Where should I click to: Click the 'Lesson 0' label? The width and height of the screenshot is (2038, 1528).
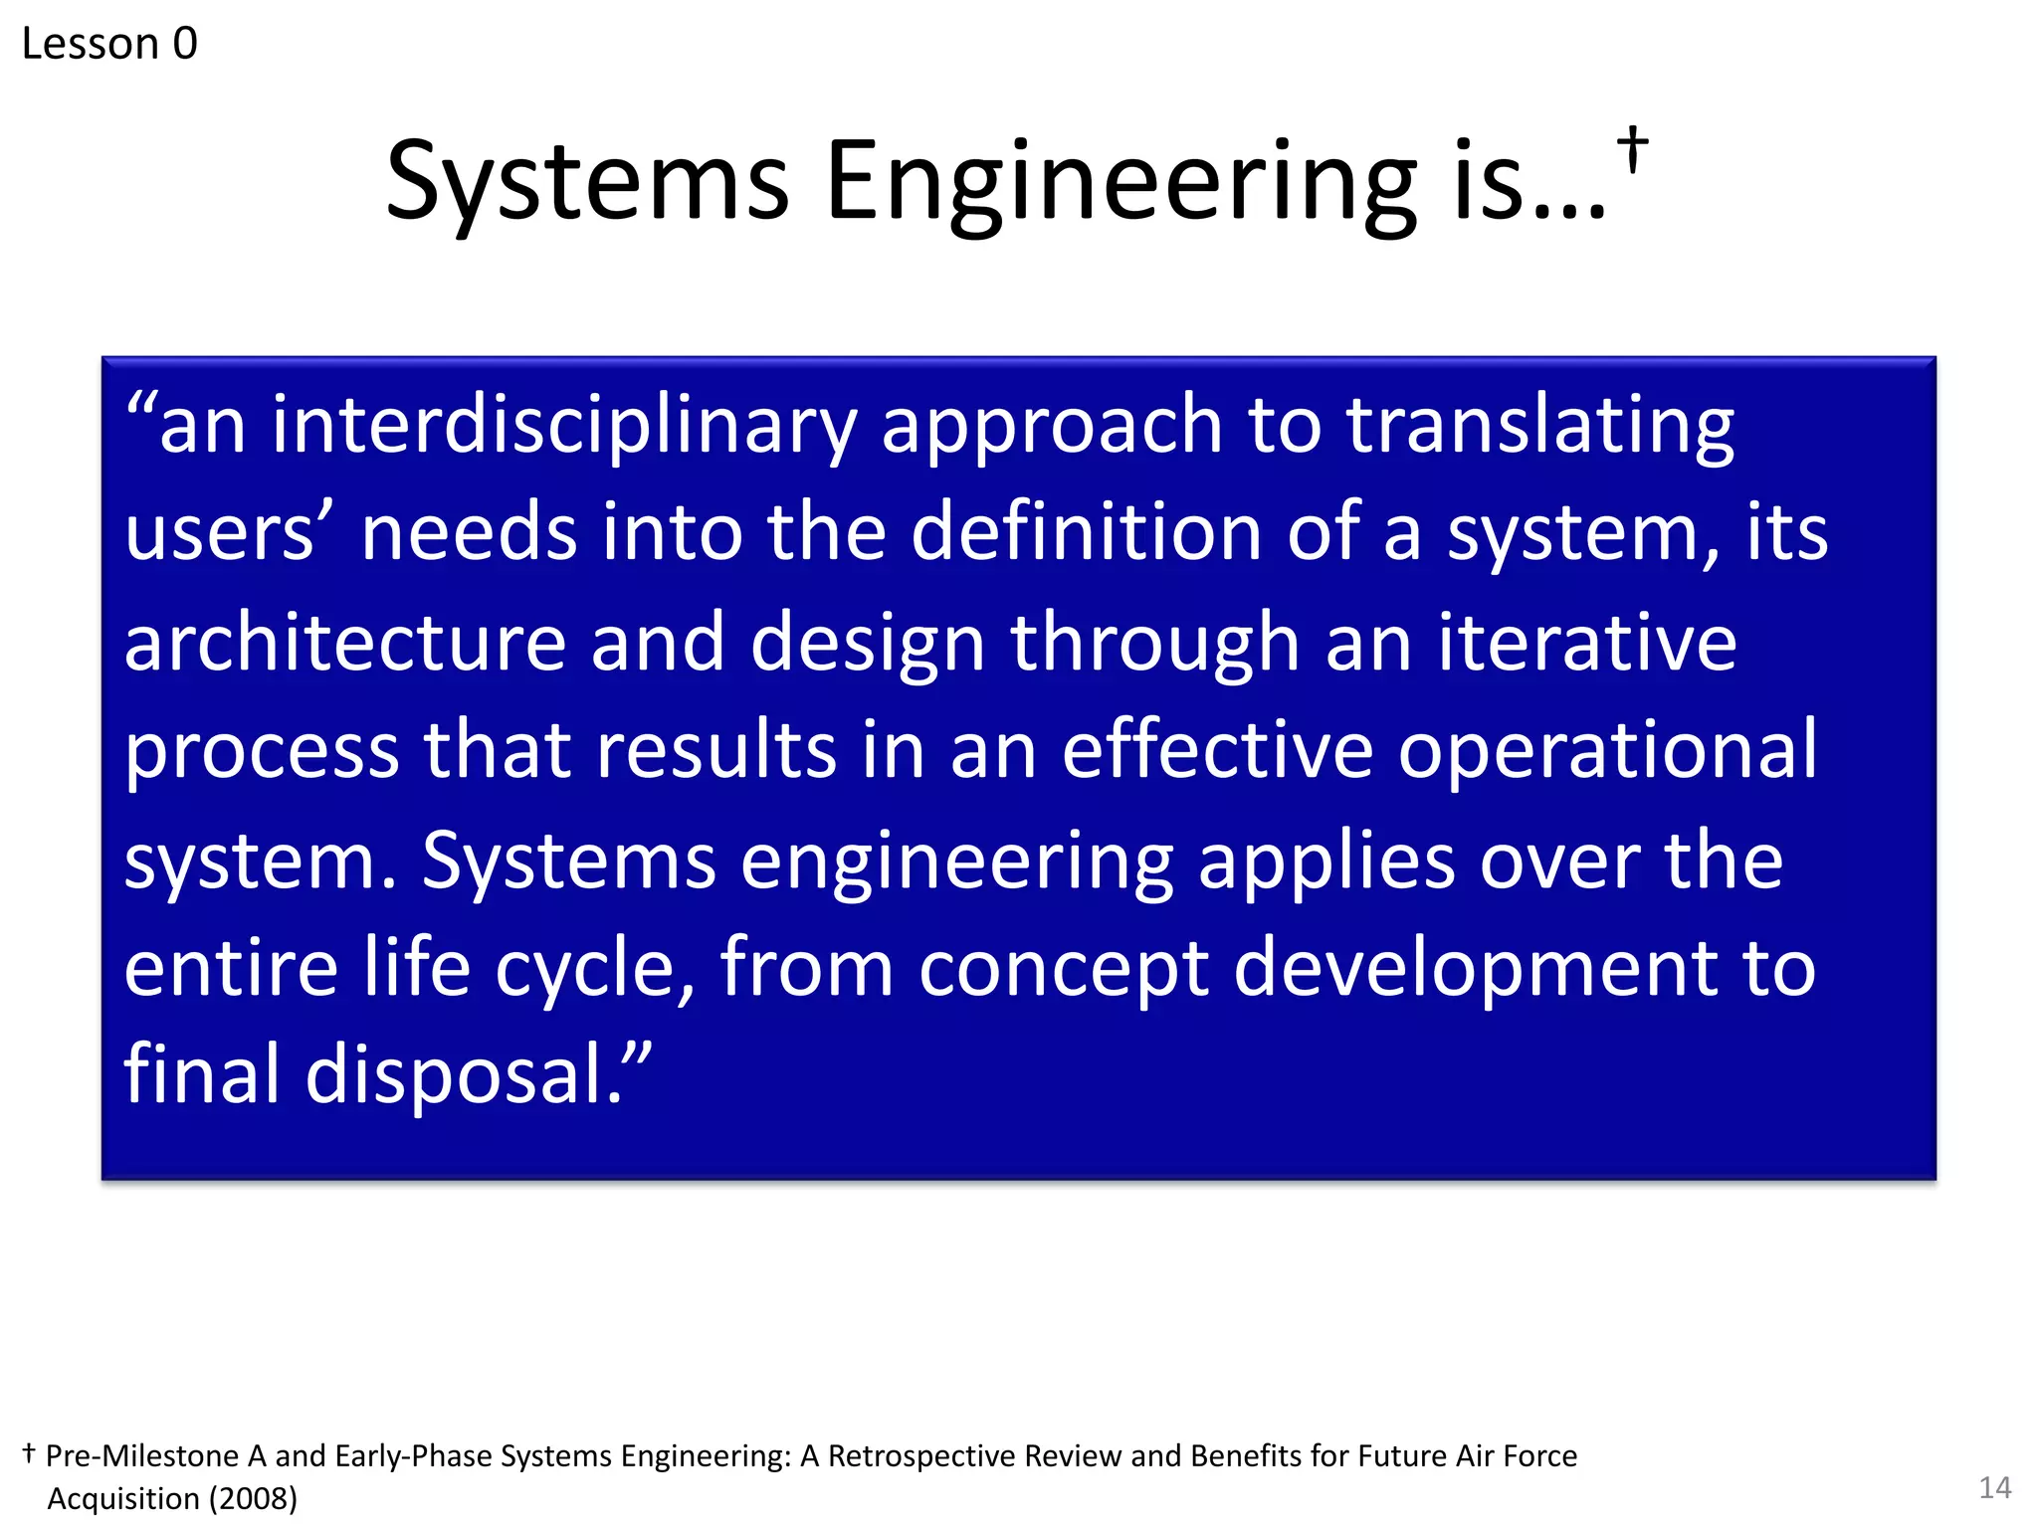pyautogui.click(x=109, y=44)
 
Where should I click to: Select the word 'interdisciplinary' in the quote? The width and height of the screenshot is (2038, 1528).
pyautogui.click(x=563, y=426)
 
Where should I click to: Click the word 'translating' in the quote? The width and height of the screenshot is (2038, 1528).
pyautogui.click(x=1540, y=426)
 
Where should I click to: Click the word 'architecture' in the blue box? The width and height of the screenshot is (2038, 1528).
pyautogui.click(x=344, y=643)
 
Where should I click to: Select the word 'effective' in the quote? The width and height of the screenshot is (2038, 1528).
pyautogui.click(x=1217, y=751)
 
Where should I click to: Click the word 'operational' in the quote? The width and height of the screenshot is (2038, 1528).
pyautogui.click(x=1607, y=751)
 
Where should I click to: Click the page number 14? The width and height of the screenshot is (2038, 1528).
pyautogui.click(x=1994, y=1488)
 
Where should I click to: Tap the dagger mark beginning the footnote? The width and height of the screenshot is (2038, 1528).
pyautogui.click(x=29, y=1453)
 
